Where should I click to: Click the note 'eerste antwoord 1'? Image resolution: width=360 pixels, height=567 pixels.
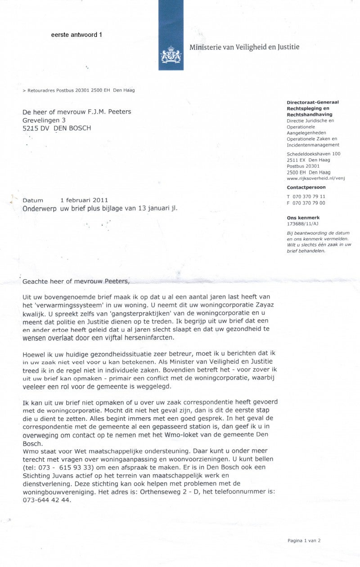(76, 35)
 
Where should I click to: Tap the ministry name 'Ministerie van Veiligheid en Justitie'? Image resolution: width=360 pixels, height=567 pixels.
(244, 47)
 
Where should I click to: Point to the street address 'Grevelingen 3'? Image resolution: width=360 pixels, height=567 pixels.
(45, 120)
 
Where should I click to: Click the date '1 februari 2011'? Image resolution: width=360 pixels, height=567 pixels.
(84, 200)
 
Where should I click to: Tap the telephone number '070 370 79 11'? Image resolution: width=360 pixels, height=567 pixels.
(309, 196)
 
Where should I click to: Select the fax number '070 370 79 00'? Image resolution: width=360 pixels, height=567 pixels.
(309, 203)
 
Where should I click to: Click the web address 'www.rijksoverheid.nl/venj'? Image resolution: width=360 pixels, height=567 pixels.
(315, 178)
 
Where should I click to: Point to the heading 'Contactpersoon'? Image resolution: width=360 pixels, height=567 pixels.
(306, 187)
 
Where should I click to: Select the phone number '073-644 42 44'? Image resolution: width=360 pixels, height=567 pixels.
(47, 500)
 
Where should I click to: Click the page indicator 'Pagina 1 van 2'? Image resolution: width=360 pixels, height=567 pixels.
(304, 541)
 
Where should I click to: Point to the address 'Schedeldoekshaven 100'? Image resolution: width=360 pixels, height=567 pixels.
(314, 154)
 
